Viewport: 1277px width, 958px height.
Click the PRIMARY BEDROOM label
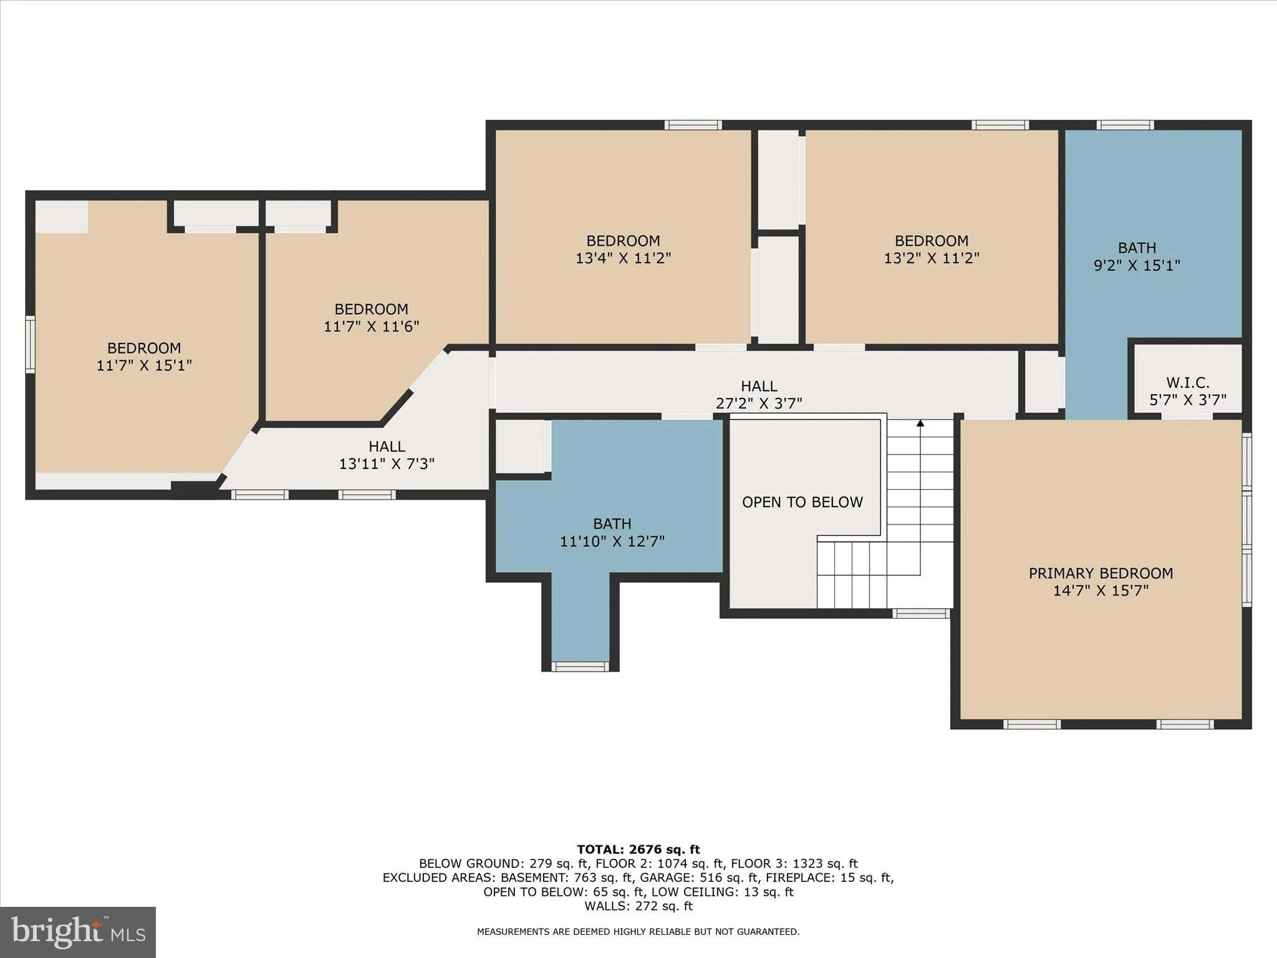click(1101, 573)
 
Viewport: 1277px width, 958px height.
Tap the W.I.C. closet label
click(1187, 382)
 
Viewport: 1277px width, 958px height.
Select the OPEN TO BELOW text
click(802, 502)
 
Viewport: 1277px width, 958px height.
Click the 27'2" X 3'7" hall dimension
click(759, 404)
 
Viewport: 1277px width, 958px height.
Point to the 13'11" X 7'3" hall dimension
click(387, 464)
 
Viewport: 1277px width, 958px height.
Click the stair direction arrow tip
click(920, 423)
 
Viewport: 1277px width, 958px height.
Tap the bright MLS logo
click(78, 932)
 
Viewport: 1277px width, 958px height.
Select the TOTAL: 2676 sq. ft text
click(638, 849)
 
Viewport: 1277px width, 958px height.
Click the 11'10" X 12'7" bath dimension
click(612, 541)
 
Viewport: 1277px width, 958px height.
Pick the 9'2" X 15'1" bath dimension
click(1137, 266)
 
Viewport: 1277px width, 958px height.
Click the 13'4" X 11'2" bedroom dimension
click(623, 258)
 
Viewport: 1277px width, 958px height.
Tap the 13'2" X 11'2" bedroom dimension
click(932, 258)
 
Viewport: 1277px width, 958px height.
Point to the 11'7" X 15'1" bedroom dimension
click(144, 365)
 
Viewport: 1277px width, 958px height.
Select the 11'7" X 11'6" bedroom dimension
click(371, 326)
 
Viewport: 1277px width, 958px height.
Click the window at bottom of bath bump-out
click(580, 667)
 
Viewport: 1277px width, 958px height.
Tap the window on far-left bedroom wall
click(29, 344)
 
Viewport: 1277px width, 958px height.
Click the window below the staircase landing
click(920, 614)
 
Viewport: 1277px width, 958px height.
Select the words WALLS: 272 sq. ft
click(638, 906)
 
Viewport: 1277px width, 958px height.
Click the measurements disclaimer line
click(638, 932)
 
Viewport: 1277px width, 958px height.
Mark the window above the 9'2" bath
click(1125, 125)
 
